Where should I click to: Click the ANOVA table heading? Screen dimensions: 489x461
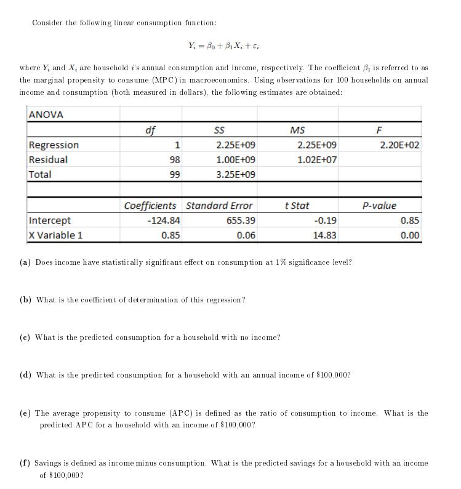click(x=46, y=115)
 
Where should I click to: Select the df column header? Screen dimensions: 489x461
click(x=150, y=130)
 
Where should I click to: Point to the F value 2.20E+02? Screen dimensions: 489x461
click(x=399, y=145)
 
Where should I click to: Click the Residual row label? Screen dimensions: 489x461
click(x=49, y=160)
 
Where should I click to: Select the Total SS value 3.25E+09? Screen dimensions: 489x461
click(x=236, y=174)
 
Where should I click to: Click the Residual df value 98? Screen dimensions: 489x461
click(x=175, y=160)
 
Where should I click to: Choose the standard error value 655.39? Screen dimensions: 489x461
click(x=242, y=220)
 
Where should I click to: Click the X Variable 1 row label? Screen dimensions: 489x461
click(x=55, y=235)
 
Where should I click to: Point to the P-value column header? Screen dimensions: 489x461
click(x=380, y=206)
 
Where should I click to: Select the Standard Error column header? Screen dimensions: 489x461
click(x=219, y=206)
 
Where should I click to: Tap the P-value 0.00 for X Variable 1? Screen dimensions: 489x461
click(x=409, y=235)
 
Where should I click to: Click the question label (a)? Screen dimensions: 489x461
click(x=26, y=262)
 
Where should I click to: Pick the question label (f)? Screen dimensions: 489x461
click(x=25, y=463)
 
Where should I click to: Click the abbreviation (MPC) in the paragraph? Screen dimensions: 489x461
click(x=156, y=81)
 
